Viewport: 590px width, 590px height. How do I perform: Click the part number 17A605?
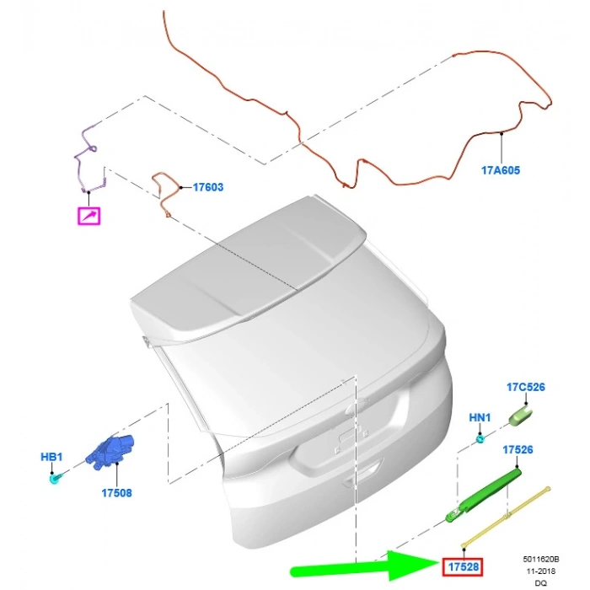pos(501,170)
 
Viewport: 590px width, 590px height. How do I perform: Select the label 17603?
pos(208,187)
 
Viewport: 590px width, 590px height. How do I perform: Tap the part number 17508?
pos(116,493)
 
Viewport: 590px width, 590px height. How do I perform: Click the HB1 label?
pos(51,457)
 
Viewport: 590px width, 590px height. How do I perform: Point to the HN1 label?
pos(480,418)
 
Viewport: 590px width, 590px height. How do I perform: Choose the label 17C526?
pos(526,387)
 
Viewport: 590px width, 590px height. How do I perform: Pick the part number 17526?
pos(518,449)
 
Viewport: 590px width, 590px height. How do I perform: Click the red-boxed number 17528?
pos(463,566)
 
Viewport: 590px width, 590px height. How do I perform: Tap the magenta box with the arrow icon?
pos(88,216)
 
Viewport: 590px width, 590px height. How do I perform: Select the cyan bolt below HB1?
pos(56,479)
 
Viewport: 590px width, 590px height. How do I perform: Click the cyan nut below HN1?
pos(480,439)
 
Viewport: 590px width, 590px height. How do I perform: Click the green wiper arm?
pos(483,496)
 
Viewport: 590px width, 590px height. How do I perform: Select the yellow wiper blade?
pos(506,517)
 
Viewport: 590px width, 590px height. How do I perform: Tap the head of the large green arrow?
pos(414,565)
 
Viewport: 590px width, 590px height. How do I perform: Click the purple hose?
pos(88,158)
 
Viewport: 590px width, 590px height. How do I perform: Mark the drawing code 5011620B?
pos(541,560)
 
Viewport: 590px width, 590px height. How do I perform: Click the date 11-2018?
pos(541,571)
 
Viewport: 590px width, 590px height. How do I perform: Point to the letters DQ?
pos(542,583)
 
